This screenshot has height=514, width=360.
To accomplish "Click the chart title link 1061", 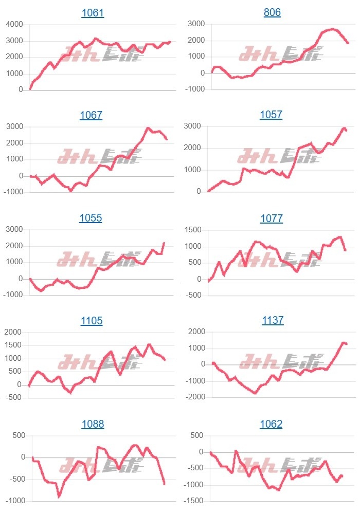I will click(x=93, y=13).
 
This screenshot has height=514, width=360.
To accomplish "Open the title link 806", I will click(x=272, y=13).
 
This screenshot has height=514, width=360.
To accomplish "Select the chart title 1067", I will click(x=91, y=115).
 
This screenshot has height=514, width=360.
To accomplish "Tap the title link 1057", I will click(x=271, y=115).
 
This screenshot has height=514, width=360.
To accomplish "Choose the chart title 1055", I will click(x=91, y=218).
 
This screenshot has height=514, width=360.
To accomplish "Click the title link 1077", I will click(x=272, y=218).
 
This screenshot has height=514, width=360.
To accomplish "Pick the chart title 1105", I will click(x=92, y=321).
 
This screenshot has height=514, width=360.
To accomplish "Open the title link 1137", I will click(x=272, y=320).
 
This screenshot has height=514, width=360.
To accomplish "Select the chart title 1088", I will click(x=93, y=424).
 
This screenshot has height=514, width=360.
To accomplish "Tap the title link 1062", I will click(x=272, y=424).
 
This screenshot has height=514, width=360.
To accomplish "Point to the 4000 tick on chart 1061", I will click(x=14, y=24).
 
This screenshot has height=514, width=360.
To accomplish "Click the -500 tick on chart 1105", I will click(x=14, y=397).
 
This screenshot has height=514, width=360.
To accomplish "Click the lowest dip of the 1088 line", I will click(x=59, y=497).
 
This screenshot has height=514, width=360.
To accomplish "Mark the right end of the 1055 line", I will click(x=164, y=243).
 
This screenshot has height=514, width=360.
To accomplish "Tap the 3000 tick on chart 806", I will click(x=196, y=24).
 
